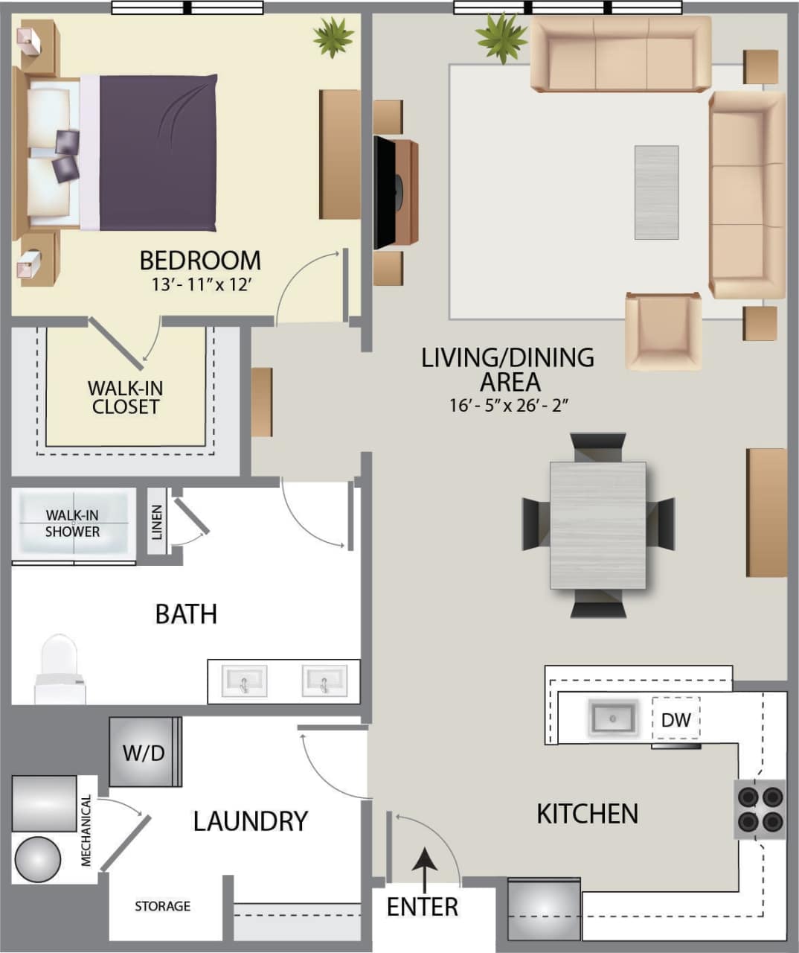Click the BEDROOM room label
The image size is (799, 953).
[200, 261]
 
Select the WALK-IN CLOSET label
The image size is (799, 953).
[125, 398]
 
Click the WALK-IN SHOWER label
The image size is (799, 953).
[72, 523]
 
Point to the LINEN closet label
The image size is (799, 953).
[157, 521]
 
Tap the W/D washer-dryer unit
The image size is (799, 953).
[144, 752]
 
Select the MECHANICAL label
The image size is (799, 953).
[86, 831]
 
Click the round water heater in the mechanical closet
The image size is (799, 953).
[37, 859]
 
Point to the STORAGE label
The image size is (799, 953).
[162, 906]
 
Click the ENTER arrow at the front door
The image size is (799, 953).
[425, 870]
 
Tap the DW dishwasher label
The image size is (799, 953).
[676, 720]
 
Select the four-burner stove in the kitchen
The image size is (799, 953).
[760, 809]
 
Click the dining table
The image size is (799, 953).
[598, 525]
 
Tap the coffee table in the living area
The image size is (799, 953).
[656, 192]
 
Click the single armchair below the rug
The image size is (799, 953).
[663, 331]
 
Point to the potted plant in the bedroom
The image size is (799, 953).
[333, 36]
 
